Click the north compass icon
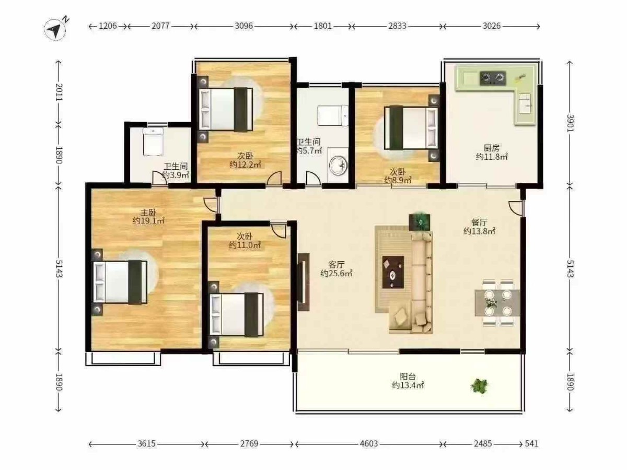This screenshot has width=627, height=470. tap(55, 29)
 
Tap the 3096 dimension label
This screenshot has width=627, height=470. tap(243, 26)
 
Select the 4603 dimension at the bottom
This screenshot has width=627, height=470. tap(368, 443)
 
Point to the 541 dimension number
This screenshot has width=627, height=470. tap(531, 443)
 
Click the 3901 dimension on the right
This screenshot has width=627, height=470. tap(570, 123)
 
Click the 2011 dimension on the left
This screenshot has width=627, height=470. tap(59, 92)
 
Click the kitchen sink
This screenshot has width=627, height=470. tap(525, 103)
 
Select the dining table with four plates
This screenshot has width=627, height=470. tap(497, 303)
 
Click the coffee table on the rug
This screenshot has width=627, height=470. tap(393, 272)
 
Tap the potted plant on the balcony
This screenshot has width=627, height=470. tap(480, 386)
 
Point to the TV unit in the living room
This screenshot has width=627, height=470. tap(304, 281)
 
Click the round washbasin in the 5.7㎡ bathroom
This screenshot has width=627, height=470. tap(338, 165)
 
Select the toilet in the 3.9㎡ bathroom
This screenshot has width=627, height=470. tap(153, 142)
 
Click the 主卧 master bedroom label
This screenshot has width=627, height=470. tap(148, 212)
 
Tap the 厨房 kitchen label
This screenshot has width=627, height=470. tap(492, 148)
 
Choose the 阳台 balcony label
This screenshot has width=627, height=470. tap(408, 377)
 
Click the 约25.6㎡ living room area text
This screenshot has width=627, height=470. tap(336, 273)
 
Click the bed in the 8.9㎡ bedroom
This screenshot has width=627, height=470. tap(411, 128)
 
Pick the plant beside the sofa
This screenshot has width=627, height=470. tap(420, 221)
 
